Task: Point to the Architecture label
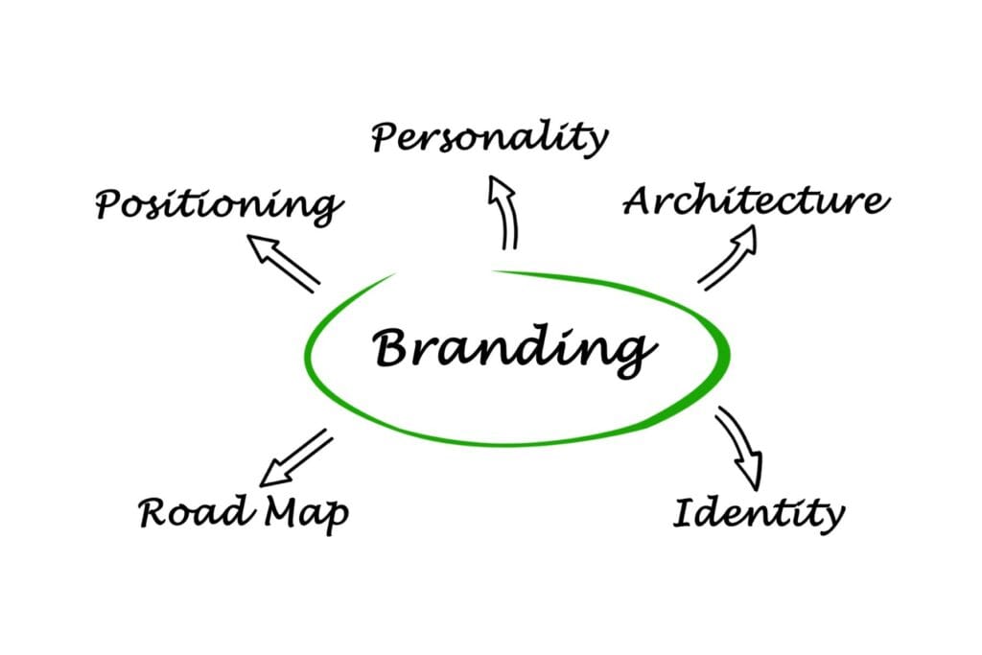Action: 756,202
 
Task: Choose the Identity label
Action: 758,514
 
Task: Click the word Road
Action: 192,513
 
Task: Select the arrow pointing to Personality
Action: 503,211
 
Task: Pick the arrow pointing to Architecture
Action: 728,257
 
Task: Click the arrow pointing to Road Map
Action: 296,458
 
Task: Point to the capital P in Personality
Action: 386,137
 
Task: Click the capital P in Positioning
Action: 110,204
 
